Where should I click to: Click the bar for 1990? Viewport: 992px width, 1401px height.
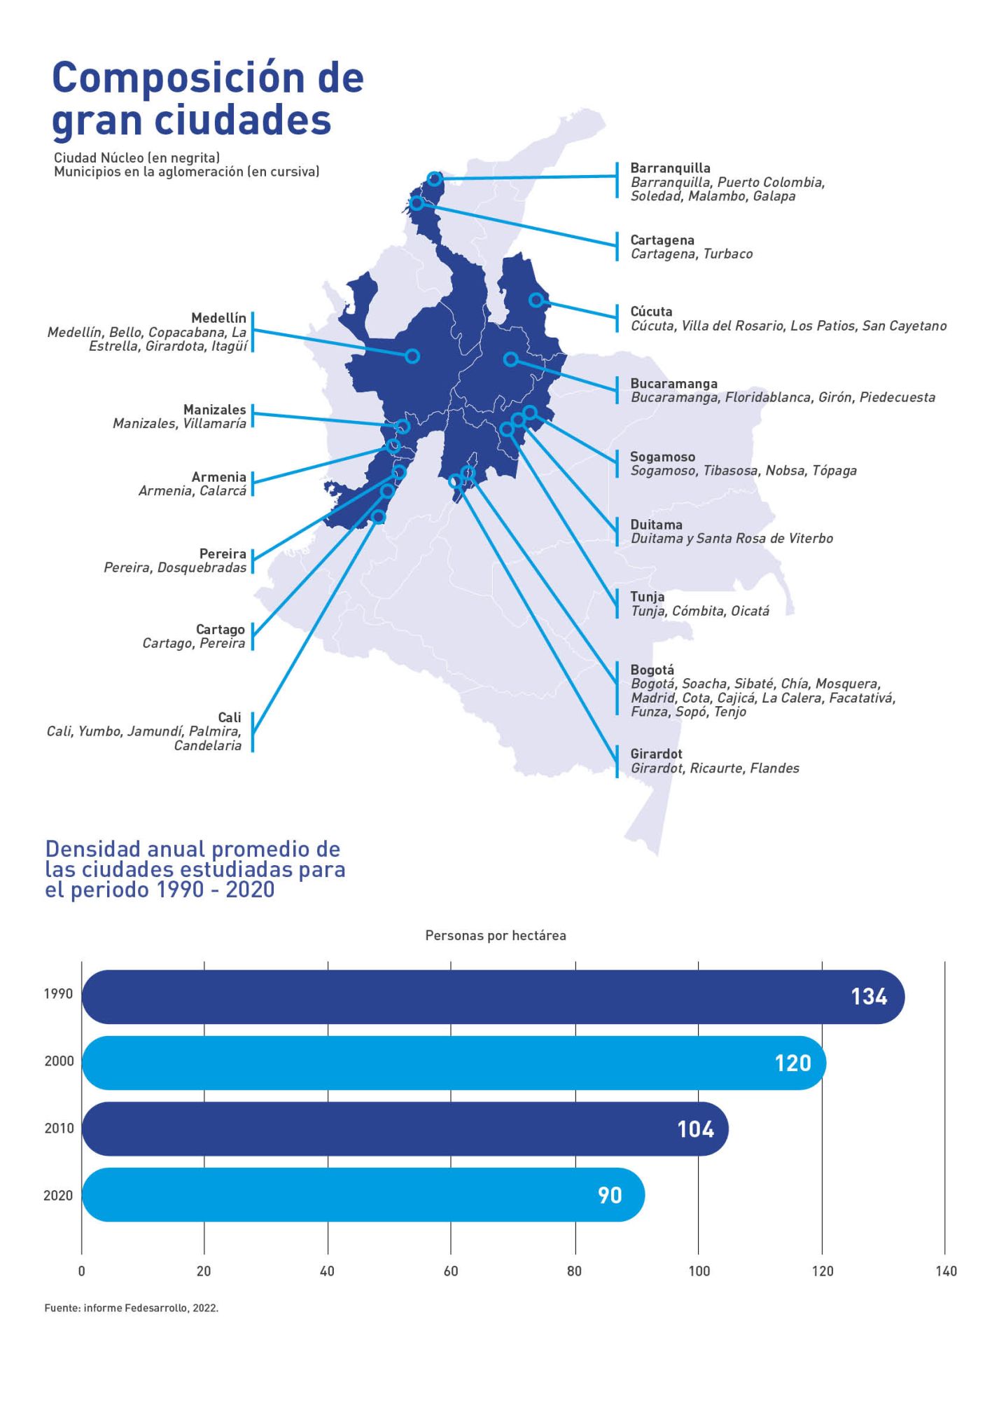490,996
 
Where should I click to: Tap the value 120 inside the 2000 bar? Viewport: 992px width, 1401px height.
792,1063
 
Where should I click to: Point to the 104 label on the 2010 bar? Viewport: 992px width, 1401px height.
695,1129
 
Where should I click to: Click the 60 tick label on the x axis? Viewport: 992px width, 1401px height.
451,1271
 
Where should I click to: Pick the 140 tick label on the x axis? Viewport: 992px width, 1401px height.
946,1271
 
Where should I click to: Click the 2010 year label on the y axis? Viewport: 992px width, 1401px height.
59,1129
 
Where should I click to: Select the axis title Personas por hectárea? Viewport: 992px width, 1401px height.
496,936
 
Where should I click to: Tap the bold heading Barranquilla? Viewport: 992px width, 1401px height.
670,168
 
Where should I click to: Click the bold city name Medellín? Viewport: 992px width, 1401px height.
218,318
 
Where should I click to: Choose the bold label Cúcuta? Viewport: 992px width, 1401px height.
651,312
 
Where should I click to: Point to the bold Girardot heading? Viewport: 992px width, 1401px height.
656,754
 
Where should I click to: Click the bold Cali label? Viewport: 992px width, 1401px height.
230,717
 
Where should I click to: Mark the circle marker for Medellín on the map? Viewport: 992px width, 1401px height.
412,356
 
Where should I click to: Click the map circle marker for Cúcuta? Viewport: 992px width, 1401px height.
536,300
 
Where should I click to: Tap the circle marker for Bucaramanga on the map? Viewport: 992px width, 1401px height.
511,359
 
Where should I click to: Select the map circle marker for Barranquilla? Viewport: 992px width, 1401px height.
434,179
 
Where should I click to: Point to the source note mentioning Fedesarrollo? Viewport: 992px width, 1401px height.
132,1308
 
